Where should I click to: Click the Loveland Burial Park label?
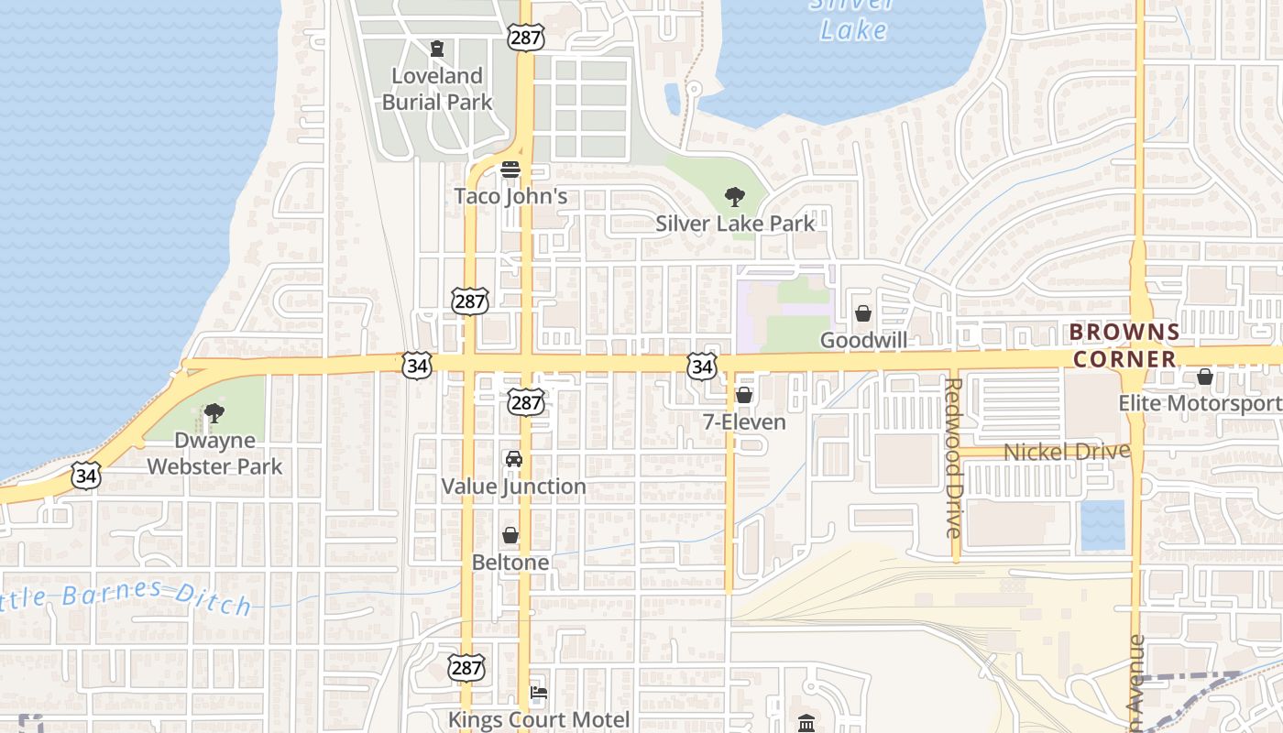coord(437,89)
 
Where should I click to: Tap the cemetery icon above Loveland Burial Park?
coord(437,48)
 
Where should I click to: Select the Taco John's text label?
coord(511,196)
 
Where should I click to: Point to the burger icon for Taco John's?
coord(510,170)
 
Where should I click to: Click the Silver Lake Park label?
coord(735,223)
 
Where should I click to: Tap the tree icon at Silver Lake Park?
coord(733,196)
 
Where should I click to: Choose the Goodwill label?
coord(863,340)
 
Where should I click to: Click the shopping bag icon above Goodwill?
coord(863,313)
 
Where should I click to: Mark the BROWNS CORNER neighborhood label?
coord(1124,345)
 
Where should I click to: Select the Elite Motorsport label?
coord(1200,403)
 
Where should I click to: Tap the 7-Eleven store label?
coord(744,422)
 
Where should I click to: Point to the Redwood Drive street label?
coord(954,457)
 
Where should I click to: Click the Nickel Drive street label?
coord(1067,452)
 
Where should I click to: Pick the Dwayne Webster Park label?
coord(214,454)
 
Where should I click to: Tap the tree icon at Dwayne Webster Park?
coord(214,413)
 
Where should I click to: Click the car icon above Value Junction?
coord(513,459)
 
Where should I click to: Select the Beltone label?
coord(510,562)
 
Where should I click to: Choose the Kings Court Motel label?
coord(539,719)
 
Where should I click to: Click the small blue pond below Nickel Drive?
coord(1102,525)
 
